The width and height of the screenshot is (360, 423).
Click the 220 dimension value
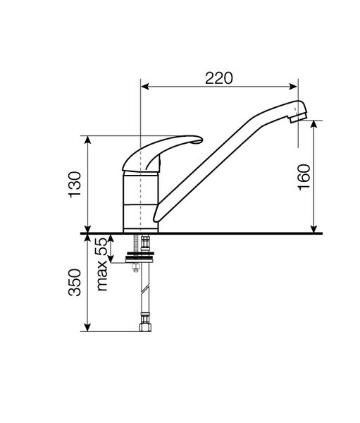click(x=218, y=78)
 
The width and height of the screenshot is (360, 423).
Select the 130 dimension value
click(x=75, y=185)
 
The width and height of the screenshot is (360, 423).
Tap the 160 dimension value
click(x=304, y=177)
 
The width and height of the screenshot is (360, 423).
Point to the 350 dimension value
click(x=75, y=283)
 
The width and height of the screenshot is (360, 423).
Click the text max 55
click(x=102, y=264)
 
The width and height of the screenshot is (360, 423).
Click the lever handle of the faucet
click(x=162, y=153)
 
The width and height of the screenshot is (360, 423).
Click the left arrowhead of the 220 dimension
click(x=145, y=86)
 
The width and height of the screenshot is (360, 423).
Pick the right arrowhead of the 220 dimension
click(x=293, y=86)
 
